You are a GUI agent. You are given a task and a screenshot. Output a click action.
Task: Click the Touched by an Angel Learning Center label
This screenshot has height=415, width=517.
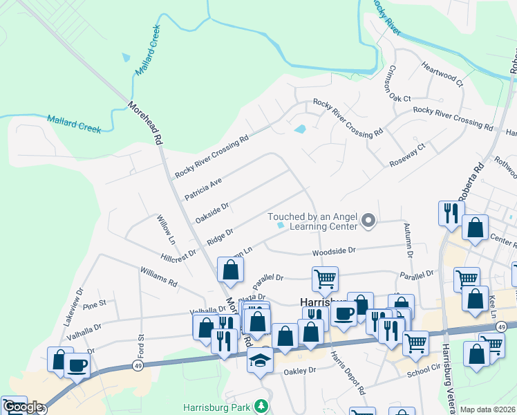click(x=312, y=221)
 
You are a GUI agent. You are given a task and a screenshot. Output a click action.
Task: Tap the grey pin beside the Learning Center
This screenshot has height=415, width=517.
click(x=368, y=221)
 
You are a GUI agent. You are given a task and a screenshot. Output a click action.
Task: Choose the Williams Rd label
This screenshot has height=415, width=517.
click(x=158, y=277)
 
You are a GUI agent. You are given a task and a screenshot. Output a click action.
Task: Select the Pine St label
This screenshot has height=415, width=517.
click(x=93, y=303)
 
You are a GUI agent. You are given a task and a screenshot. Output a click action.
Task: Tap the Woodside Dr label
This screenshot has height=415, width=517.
click(x=333, y=251)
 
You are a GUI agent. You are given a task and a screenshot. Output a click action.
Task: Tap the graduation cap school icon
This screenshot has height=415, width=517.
click(x=260, y=360)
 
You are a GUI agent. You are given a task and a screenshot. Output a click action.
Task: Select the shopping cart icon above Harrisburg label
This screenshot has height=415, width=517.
click(x=325, y=279)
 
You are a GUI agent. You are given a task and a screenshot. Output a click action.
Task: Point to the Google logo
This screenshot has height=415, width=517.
click(x=23, y=407)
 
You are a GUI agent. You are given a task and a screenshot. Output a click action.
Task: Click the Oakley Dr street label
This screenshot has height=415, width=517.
click(x=300, y=371)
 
